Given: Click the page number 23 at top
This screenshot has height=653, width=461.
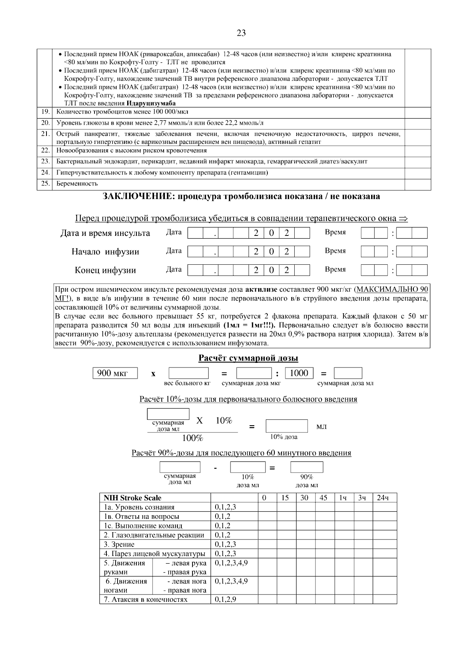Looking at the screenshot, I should pyautogui.click(x=241, y=33).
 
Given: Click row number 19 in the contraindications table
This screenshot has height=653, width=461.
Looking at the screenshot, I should pyautogui.click(x=45, y=112).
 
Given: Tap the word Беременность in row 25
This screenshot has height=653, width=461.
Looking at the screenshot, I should pyautogui.click(x=77, y=184).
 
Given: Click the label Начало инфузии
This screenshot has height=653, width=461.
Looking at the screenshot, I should pyautogui.click(x=105, y=252).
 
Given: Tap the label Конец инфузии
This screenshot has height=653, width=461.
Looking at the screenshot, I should pyautogui.click(x=105, y=270).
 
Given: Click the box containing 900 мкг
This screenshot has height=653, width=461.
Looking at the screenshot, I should pyautogui.click(x=115, y=373).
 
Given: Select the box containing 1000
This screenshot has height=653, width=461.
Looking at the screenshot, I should pyautogui.click(x=299, y=373).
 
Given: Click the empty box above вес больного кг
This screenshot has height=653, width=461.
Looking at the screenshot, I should pyautogui.click(x=188, y=373).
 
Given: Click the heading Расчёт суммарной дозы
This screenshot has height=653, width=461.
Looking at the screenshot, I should pyautogui.click(x=248, y=358).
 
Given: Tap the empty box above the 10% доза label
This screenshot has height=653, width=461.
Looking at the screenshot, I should pyautogui.click(x=287, y=426).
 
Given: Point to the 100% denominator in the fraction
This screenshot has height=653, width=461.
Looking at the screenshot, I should pyautogui.click(x=192, y=438).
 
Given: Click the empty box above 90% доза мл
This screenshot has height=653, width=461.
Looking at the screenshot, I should pyautogui.click(x=307, y=467).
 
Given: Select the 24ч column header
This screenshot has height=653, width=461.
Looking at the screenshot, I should pyautogui.click(x=383, y=498).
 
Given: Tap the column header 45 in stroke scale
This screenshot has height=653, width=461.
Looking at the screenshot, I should pyautogui.click(x=323, y=498).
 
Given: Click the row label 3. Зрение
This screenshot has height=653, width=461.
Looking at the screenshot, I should pyautogui.click(x=119, y=544).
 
